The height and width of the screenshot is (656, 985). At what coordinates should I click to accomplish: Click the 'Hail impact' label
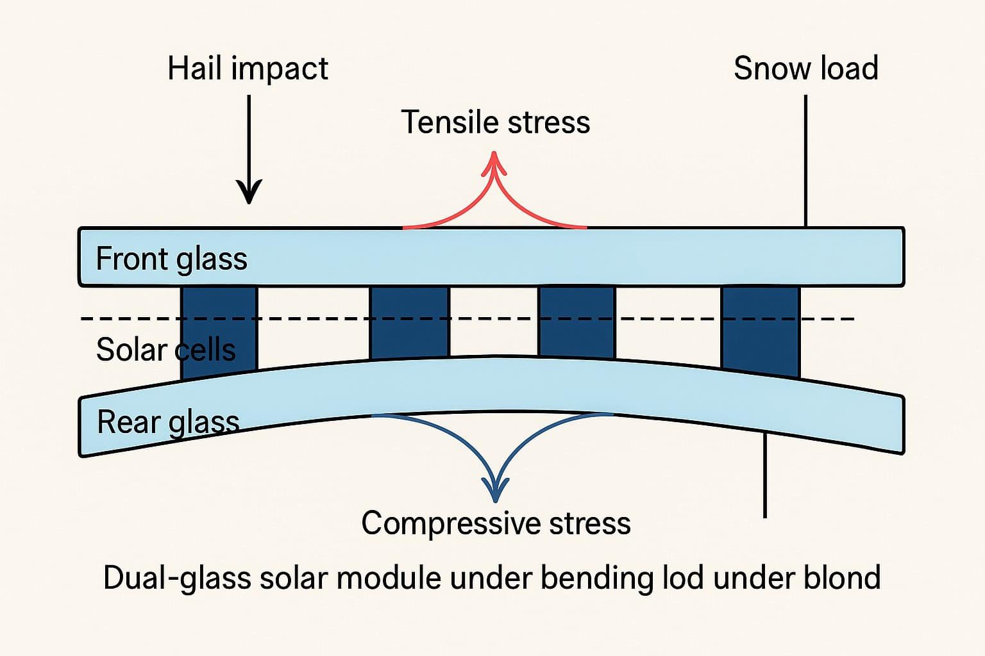[x=248, y=69]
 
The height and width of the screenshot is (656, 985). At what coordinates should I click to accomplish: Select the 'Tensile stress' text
[x=496, y=122]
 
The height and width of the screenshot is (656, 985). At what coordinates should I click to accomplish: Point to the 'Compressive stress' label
[x=496, y=523]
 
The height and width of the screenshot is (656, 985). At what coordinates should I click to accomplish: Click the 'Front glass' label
[x=171, y=259]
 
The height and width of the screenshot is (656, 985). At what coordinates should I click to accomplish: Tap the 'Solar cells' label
[x=166, y=350]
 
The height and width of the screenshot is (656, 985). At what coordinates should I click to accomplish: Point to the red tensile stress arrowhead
[x=494, y=163]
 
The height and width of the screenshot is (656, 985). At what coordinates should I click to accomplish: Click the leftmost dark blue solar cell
[x=219, y=332]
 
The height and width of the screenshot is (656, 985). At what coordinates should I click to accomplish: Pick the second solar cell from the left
[x=410, y=323]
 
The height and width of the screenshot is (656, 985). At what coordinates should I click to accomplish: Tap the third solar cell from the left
[x=577, y=322]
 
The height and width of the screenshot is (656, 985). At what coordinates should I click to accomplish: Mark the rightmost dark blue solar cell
[x=761, y=331]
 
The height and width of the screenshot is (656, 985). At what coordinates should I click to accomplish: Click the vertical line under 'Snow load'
[x=805, y=161]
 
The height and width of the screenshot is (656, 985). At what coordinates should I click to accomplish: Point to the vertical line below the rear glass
[x=765, y=475]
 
